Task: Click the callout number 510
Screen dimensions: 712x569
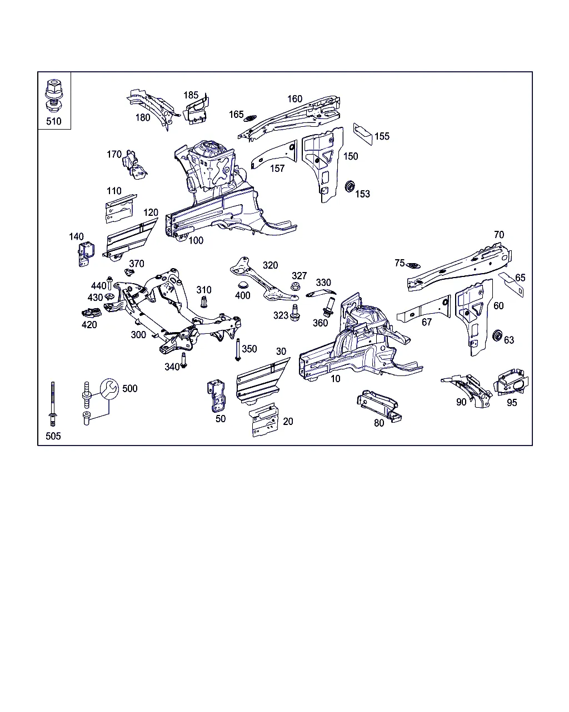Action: [x=54, y=121]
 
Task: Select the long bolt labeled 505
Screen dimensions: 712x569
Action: [x=53, y=404]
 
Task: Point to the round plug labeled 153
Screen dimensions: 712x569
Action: [x=350, y=186]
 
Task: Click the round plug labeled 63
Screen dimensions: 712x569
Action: [x=498, y=335]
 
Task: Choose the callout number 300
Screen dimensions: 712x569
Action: [x=138, y=334]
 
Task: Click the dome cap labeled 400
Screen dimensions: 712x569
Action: [x=242, y=285]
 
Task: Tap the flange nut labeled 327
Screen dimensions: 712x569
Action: [x=296, y=288]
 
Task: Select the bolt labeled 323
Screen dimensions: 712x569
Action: [x=295, y=312]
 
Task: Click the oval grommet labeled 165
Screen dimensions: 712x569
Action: [x=251, y=117]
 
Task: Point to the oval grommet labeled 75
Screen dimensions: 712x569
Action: [x=413, y=265]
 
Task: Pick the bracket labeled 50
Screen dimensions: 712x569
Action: [x=217, y=395]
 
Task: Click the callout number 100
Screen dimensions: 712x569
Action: [x=196, y=240]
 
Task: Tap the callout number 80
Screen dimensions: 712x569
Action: [x=379, y=423]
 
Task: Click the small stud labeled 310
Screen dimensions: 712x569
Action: [x=204, y=302]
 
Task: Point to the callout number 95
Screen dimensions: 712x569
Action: [x=511, y=402]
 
